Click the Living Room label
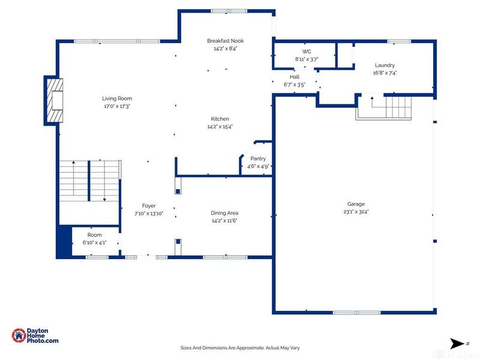pos(117,98)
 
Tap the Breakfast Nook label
pos(226,41)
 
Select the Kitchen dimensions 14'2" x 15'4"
pos(220,127)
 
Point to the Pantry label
pos(258,158)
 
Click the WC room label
pos(307,52)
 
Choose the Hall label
pos(295,77)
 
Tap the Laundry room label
pos(385,65)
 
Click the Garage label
pos(356,204)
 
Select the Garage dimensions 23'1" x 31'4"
pos(356,212)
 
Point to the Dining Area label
pos(224,213)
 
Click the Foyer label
pos(149,206)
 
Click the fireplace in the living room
pos(55,100)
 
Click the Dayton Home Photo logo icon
pos(19,335)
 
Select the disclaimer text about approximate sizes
pos(240,348)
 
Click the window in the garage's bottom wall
pos(356,313)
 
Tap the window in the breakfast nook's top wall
pos(229,11)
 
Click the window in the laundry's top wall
pos(399,41)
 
